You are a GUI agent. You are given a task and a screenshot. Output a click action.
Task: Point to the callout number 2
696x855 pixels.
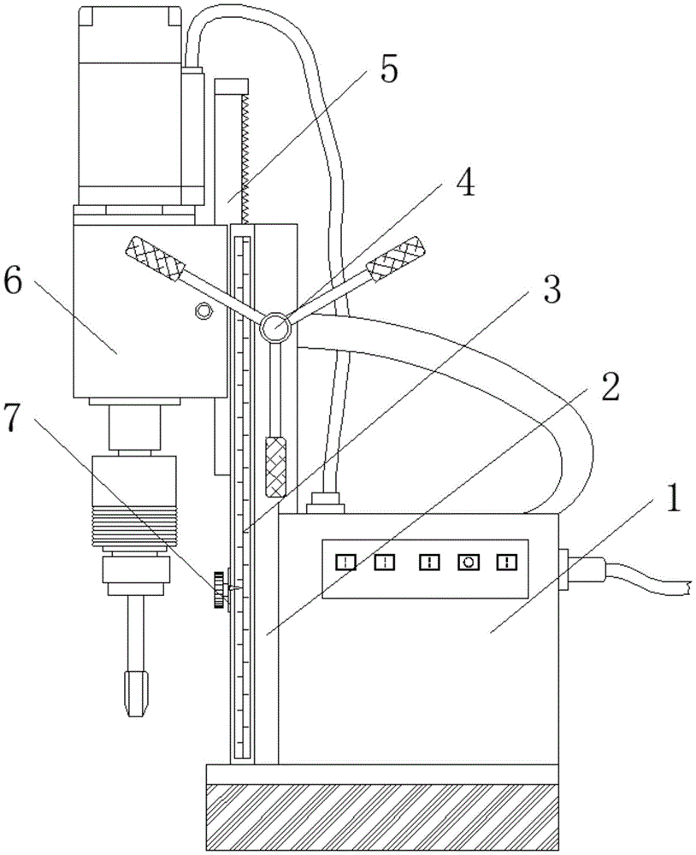[610, 387]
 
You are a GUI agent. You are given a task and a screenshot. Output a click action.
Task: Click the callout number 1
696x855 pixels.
[674, 498]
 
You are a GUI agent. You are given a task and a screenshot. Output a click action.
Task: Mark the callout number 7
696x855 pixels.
[15, 418]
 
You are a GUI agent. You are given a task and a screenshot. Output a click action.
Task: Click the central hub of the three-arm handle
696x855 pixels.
[274, 327]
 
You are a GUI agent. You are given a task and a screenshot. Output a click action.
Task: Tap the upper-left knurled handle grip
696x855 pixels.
[155, 259]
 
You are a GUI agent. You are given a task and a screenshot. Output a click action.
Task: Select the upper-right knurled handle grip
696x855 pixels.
[395, 259]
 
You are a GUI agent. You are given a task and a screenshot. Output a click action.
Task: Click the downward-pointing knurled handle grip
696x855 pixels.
[275, 466]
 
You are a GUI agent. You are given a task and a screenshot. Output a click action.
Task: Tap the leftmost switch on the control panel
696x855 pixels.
[345, 562]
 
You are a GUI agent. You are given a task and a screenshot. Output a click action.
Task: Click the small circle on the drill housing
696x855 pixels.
[203, 311]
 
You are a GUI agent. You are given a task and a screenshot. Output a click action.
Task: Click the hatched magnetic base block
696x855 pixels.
[382, 817]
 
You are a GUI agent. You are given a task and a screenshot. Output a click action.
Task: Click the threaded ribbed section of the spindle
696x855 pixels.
[135, 526]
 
